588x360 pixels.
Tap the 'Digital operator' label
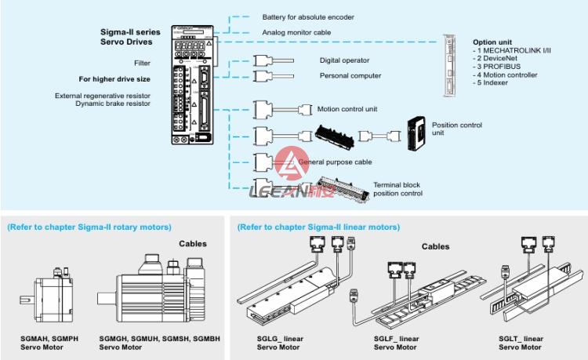point(344,60)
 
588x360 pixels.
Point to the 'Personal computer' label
point(350,76)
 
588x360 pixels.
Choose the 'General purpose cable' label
point(335,162)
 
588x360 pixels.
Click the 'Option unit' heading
point(492,42)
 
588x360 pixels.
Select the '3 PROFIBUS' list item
point(500,67)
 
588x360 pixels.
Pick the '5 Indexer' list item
point(495,82)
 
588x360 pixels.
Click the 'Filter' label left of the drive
point(142,63)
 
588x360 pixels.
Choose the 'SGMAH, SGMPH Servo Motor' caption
point(49,342)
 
